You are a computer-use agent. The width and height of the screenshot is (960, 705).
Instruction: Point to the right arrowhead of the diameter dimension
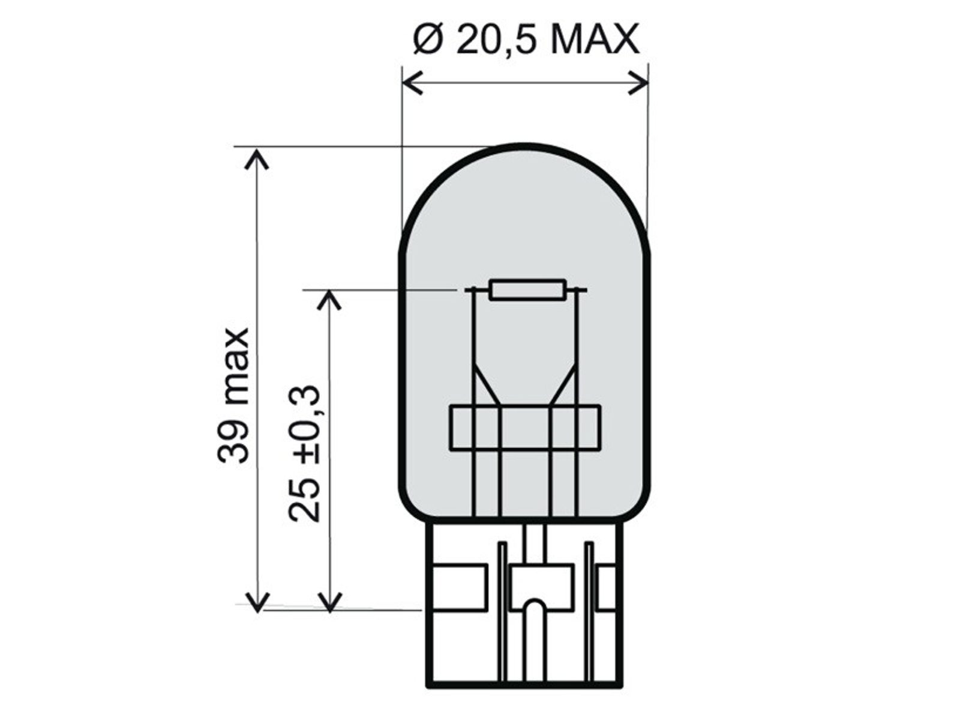[638, 82]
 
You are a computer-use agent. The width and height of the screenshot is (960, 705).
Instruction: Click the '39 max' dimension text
[233, 396]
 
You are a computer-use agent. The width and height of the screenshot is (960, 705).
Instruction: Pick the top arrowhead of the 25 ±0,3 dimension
[329, 300]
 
